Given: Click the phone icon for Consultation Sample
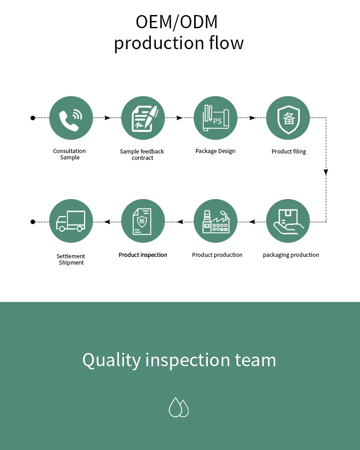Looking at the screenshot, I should click(71, 118).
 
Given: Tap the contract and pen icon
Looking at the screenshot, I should click(143, 118).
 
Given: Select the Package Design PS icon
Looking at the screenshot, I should click(216, 118).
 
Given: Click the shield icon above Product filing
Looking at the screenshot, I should click(288, 118).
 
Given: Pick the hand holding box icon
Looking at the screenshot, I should click(288, 221).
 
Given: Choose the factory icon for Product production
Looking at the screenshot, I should click(216, 221).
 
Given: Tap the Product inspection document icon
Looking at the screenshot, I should click(143, 221).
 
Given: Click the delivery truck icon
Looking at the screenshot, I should click(71, 221).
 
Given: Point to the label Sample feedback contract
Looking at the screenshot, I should click(142, 154).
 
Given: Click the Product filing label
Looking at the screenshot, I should click(288, 151).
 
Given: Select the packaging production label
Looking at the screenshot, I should click(291, 255).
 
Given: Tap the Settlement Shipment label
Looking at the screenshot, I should click(71, 259).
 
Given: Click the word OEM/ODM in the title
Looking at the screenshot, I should click(177, 22).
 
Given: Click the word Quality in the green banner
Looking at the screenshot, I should click(112, 360).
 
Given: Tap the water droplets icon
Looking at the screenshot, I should click(179, 407).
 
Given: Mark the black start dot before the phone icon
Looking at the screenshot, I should click(33, 118).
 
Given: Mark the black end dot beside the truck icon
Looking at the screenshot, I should click(33, 222).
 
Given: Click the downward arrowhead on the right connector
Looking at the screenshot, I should click(326, 173).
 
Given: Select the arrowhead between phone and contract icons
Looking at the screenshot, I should click(108, 118).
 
